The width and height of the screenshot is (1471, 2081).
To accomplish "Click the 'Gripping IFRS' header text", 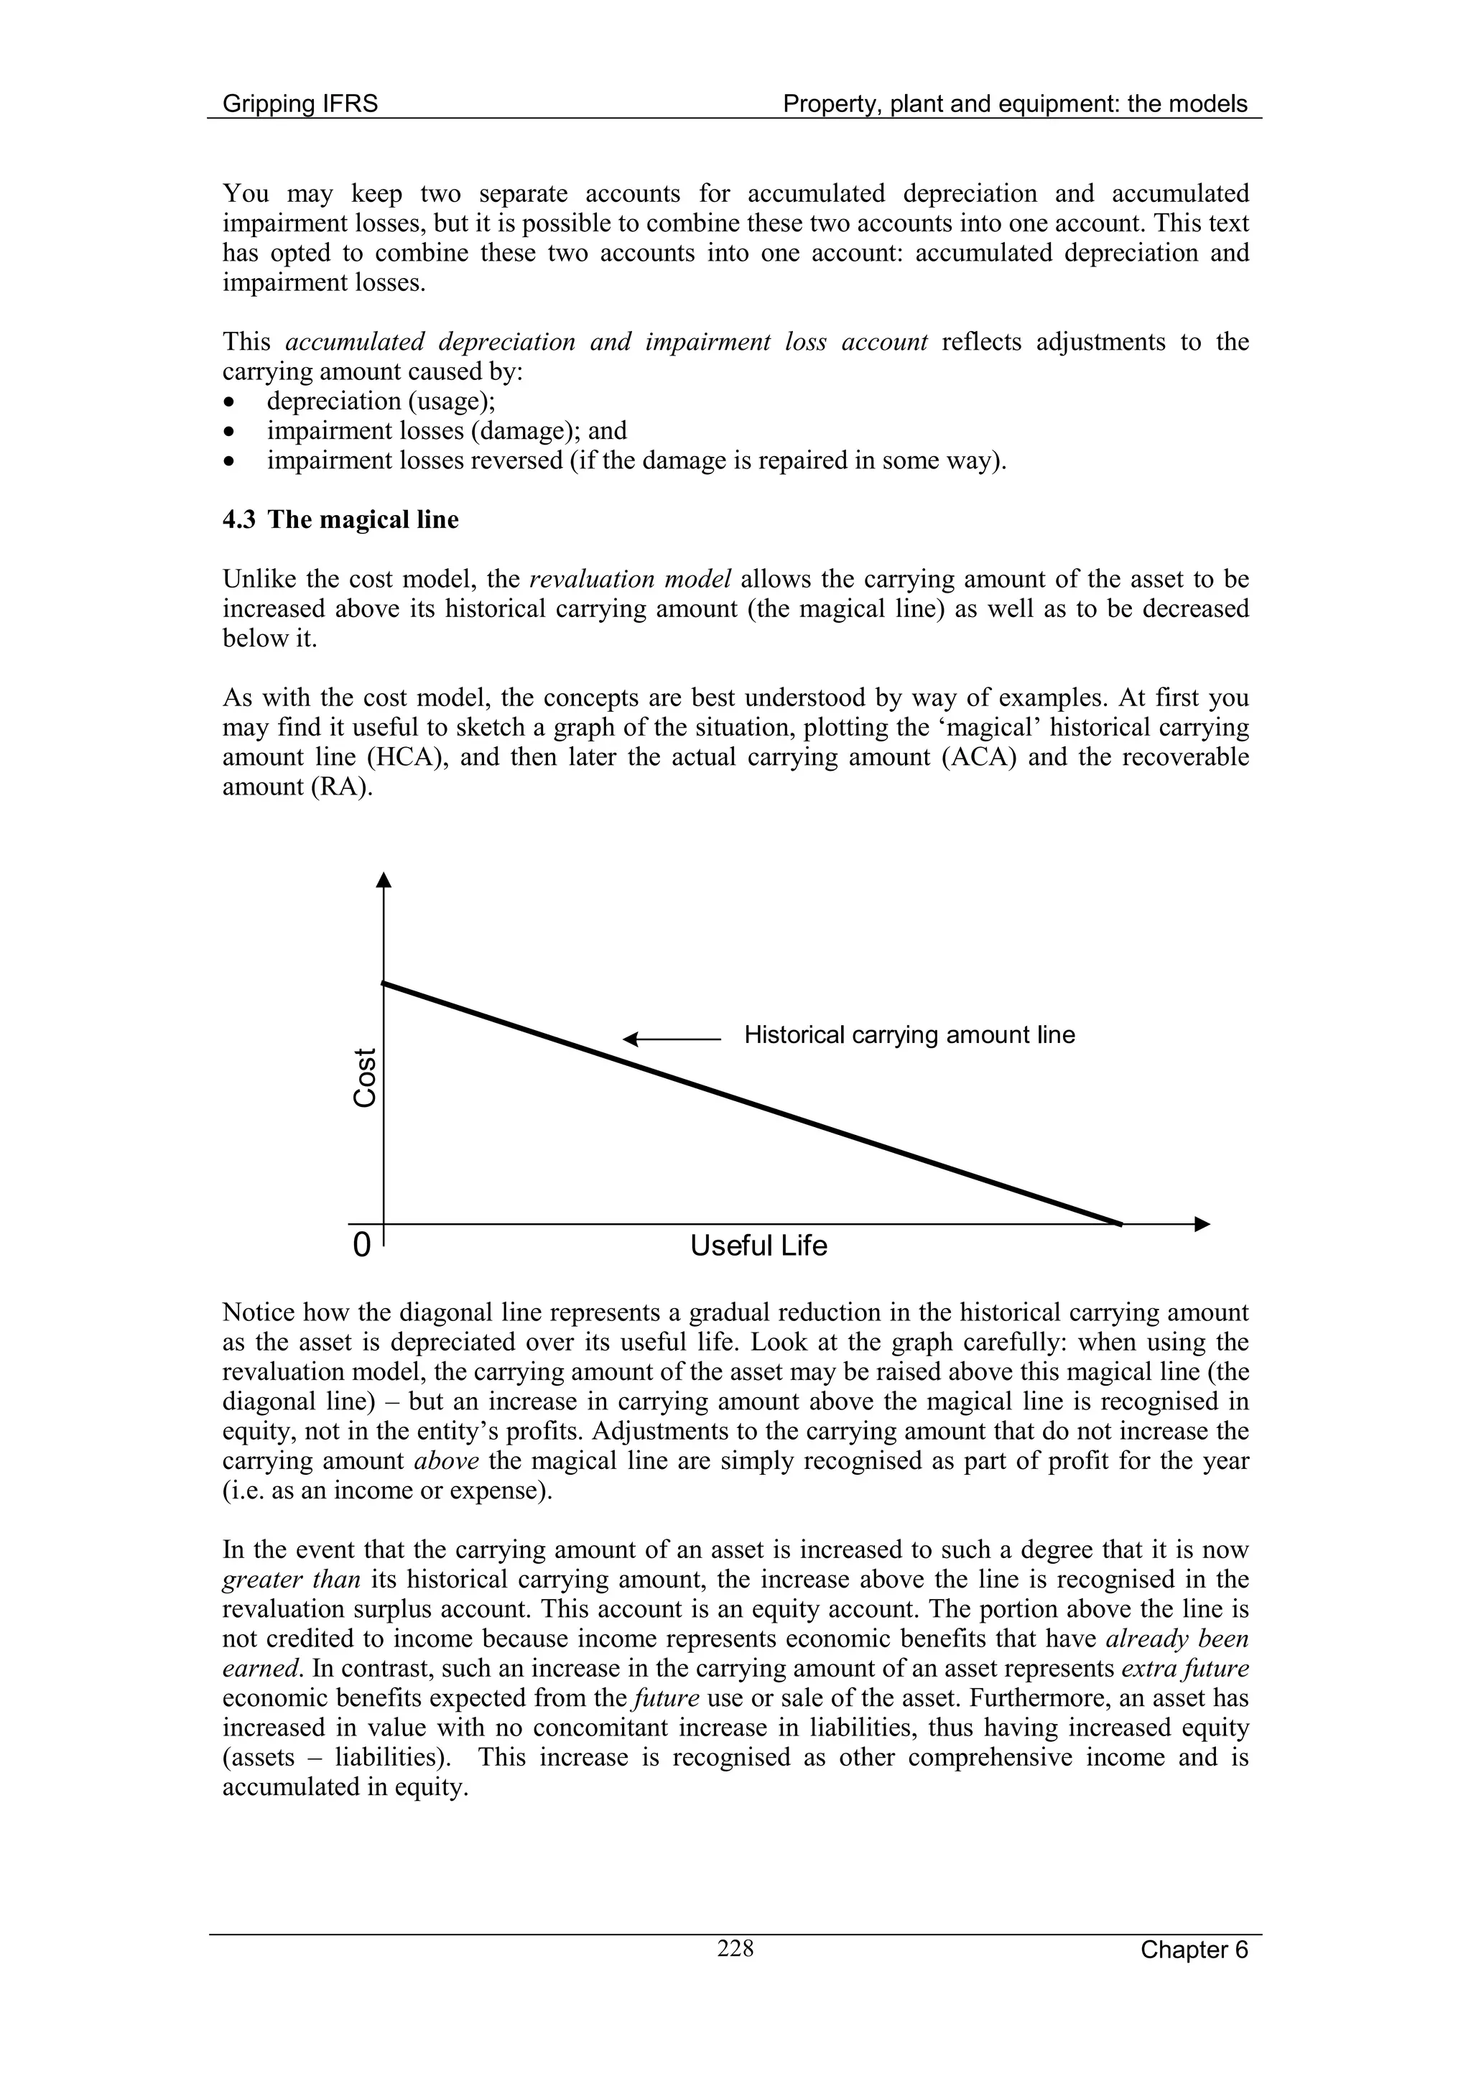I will coord(300,104).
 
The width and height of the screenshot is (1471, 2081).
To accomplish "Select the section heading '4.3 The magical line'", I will coord(340,519).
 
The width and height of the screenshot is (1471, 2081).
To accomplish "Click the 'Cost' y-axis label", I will coord(364,1077).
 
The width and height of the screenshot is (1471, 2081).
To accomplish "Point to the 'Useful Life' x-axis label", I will coord(758,1246).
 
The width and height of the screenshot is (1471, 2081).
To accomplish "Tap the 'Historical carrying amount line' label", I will coord(909,1035).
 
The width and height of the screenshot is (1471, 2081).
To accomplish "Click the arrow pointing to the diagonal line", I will coord(671,1039).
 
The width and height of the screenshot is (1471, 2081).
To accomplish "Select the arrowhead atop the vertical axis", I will coord(384,879).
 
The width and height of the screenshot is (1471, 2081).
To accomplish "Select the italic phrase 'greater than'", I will coord(291,1580).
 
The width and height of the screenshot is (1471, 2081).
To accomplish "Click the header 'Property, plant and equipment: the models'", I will coord(1015,104).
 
